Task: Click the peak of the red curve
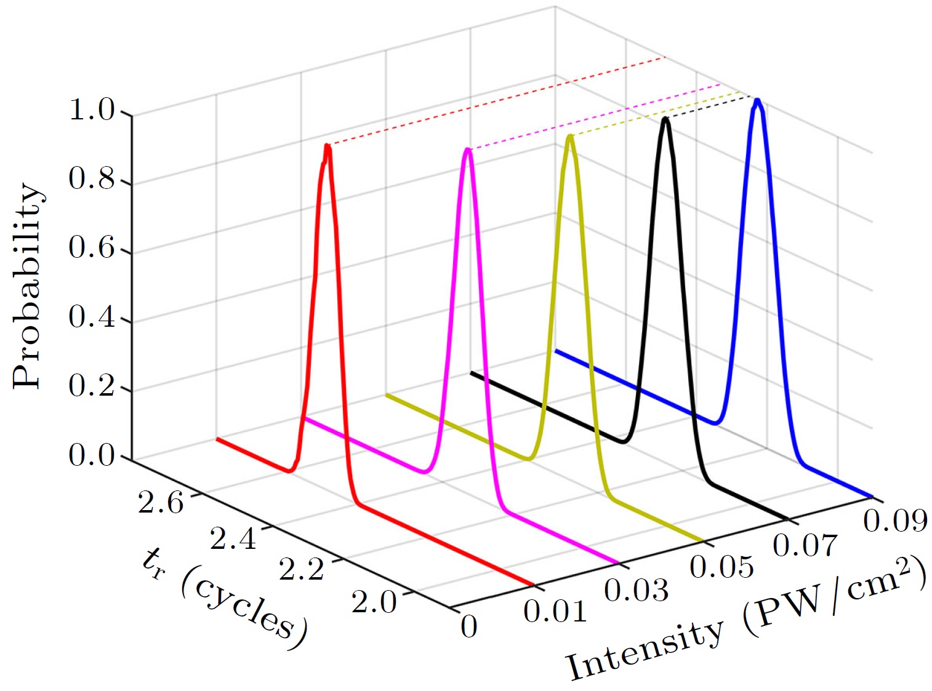coord(327,146)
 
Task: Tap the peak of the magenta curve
coord(468,150)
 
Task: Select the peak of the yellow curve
coord(571,136)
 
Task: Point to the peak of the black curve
coord(665,119)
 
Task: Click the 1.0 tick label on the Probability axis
coord(92,111)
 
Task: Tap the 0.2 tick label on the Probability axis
coord(92,386)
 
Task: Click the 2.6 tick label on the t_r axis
coord(161,503)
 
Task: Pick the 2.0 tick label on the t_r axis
coord(374,601)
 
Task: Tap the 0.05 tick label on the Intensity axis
coord(721,567)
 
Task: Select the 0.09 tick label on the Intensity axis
coord(895,521)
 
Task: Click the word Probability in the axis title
coord(28,286)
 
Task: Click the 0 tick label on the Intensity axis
coord(469,627)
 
